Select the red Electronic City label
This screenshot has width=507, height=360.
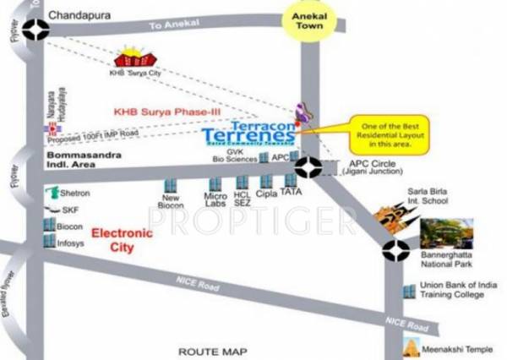click(x=122, y=240)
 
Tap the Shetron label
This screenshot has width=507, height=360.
click(x=76, y=193)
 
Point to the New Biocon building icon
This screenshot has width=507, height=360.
click(x=168, y=185)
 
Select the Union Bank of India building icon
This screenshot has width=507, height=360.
click(x=409, y=290)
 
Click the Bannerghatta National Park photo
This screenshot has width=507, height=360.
click(x=446, y=233)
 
